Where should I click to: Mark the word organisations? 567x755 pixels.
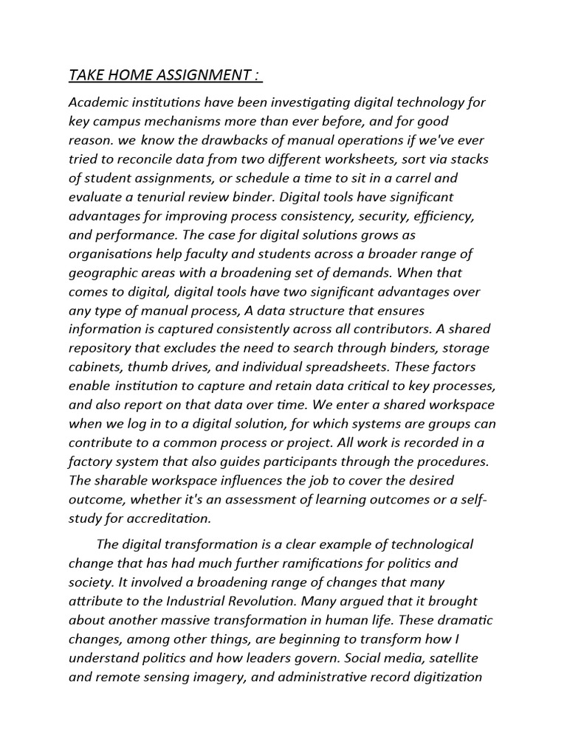pyautogui.click(x=112, y=253)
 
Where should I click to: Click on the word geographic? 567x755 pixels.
pyautogui.click(x=103, y=272)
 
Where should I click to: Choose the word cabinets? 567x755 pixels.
pyautogui.click(x=96, y=366)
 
